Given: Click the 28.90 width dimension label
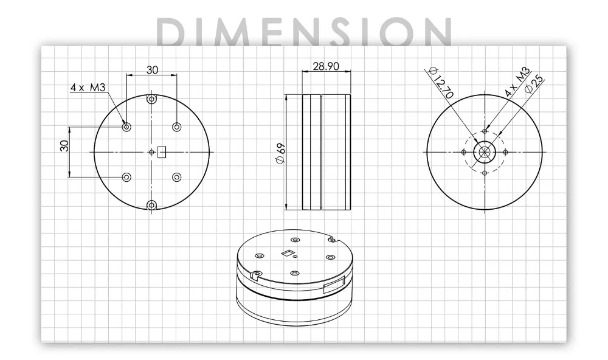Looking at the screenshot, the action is coord(326,66).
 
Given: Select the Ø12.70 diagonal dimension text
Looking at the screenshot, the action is coord(441,83).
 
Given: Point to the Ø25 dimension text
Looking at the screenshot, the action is coord(534,84).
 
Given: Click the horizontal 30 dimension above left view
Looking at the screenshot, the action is coord(152,70).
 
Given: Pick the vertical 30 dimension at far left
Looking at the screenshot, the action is coord(64,145).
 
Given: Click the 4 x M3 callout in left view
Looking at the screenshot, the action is coord(88,88).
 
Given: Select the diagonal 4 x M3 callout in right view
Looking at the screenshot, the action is coord(517,82).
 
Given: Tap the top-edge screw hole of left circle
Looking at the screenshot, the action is coord(151,99).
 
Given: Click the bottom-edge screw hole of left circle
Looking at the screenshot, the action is coord(151,205).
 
